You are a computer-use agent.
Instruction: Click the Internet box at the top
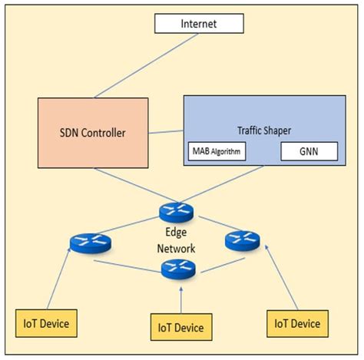(x=198, y=24)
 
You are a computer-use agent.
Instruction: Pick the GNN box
(x=307, y=152)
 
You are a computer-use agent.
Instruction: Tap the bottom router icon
(x=178, y=269)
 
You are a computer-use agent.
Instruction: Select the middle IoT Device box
(x=177, y=328)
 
